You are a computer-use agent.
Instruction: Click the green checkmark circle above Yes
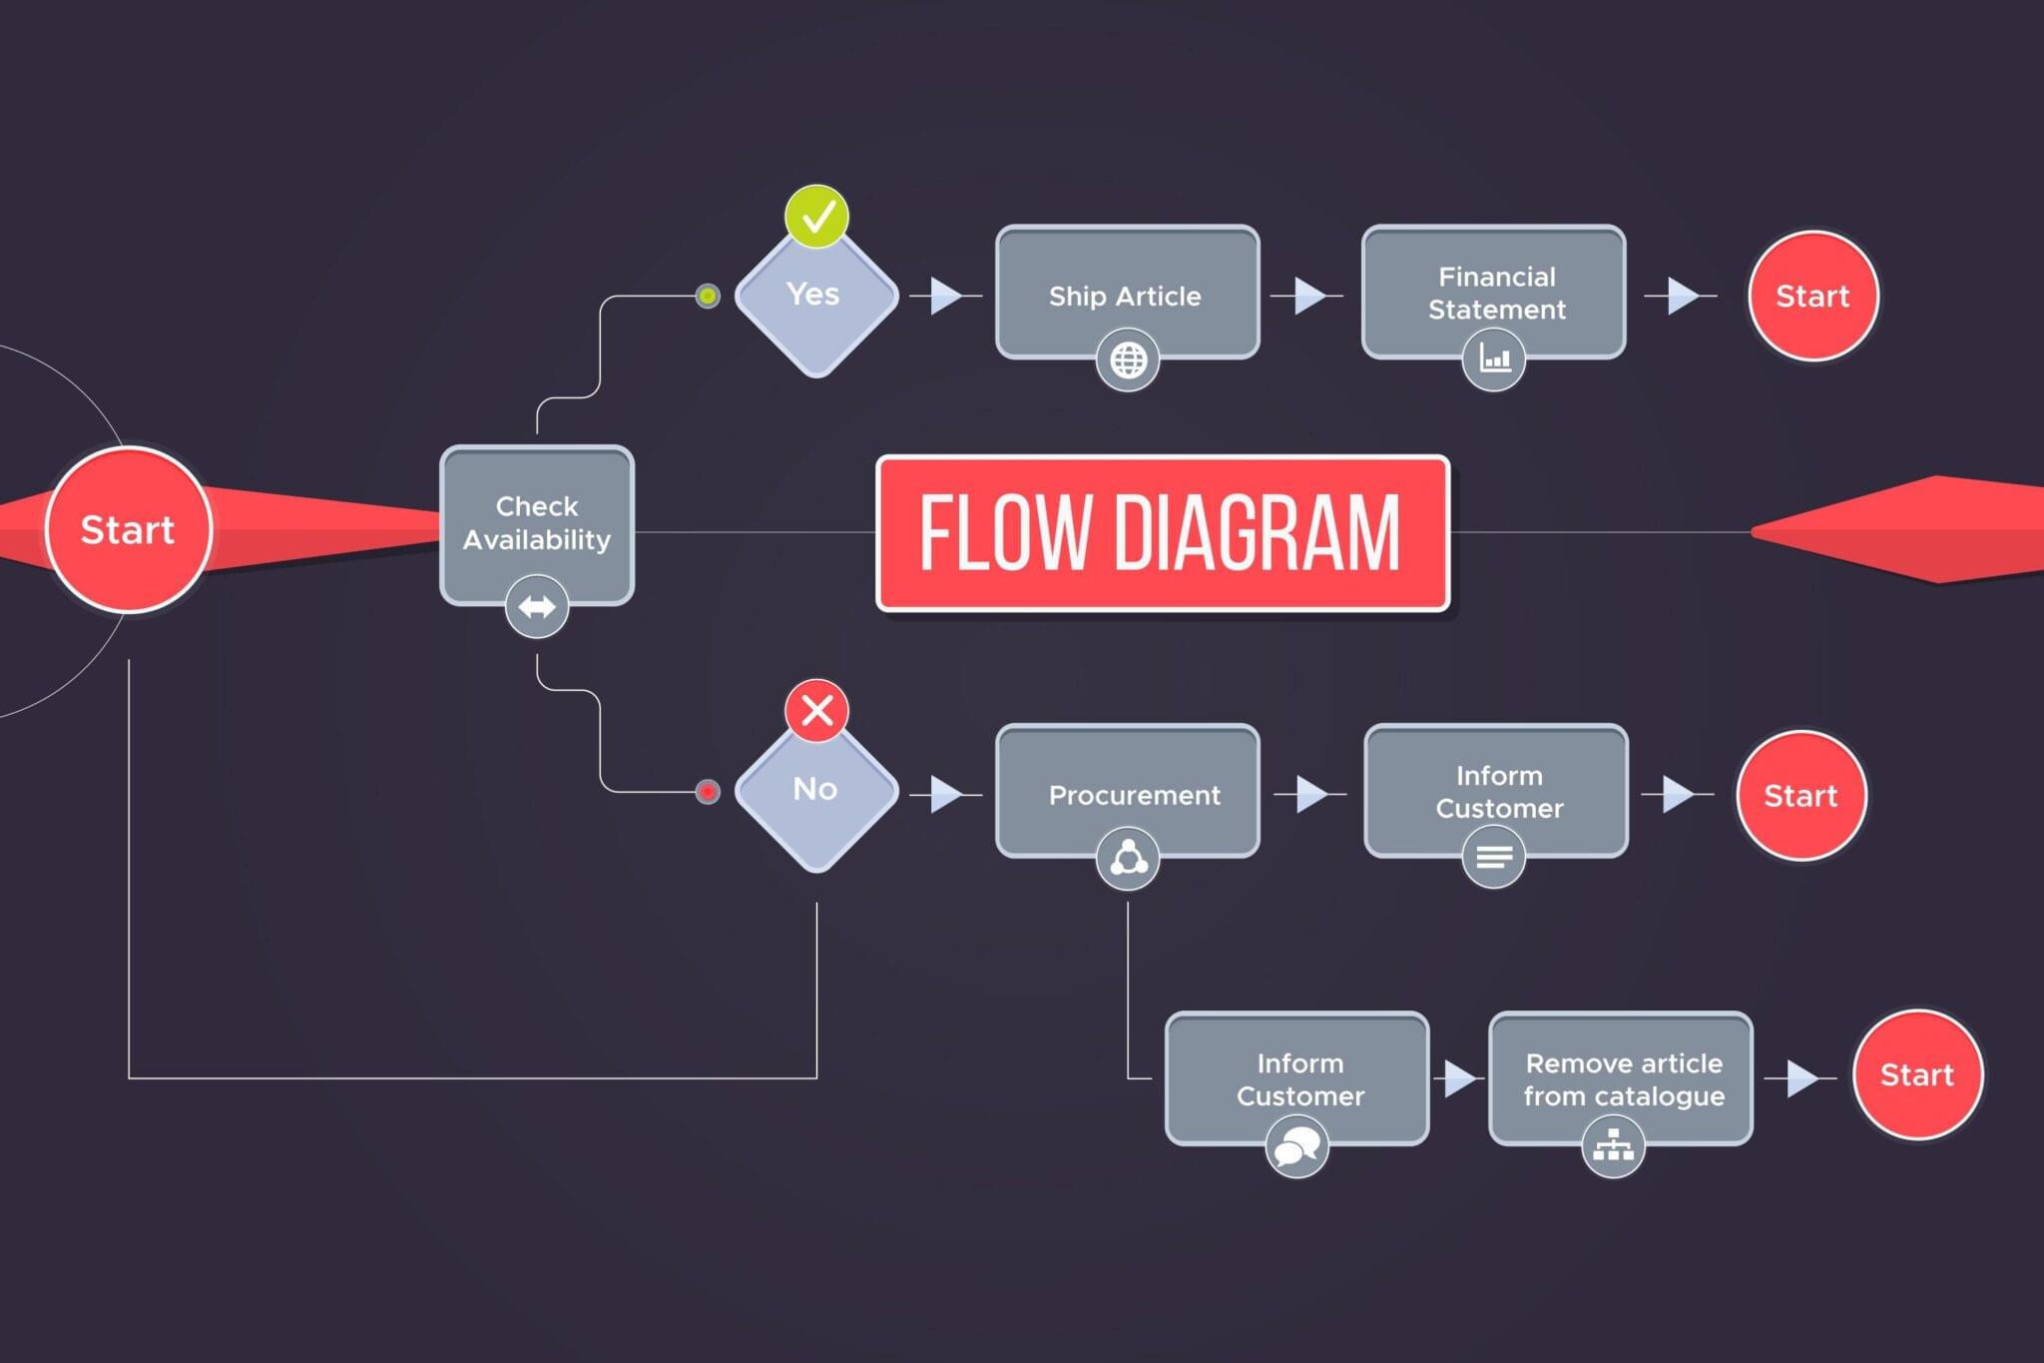click(x=816, y=216)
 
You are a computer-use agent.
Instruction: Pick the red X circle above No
click(x=816, y=711)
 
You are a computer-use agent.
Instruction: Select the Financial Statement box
click(x=1494, y=291)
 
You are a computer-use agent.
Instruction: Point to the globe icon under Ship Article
click(x=1128, y=360)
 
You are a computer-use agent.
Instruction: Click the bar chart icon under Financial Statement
click(x=1494, y=358)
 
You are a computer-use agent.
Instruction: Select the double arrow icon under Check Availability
click(x=537, y=606)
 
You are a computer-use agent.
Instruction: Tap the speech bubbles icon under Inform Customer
click(x=1296, y=1146)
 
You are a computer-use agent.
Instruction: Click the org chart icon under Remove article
click(x=1613, y=1146)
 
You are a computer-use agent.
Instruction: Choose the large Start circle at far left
click(x=128, y=529)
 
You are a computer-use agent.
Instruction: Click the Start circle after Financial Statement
click(x=1812, y=296)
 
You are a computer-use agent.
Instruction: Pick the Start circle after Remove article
click(x=1916, y=1074)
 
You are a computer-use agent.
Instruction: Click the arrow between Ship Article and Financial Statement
click(x=1308, y=296)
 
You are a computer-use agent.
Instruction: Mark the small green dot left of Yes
click(x=708, y=297)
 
